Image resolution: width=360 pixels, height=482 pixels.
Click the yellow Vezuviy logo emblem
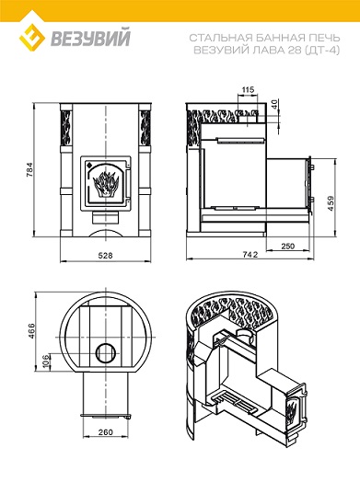[x=32, y=39]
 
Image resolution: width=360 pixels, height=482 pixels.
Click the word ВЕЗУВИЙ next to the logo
[x=91, y=37]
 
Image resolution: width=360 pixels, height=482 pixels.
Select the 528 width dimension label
[x=106, y=255]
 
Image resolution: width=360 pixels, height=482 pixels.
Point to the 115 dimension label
[x=248, y=89]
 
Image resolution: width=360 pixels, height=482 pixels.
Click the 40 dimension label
[x=274, y=104]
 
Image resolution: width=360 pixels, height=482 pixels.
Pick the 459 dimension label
[x=331, y=203]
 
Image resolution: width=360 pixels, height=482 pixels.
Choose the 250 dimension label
[x=287, y=246]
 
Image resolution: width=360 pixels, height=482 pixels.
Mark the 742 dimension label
[x=250, y=255]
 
